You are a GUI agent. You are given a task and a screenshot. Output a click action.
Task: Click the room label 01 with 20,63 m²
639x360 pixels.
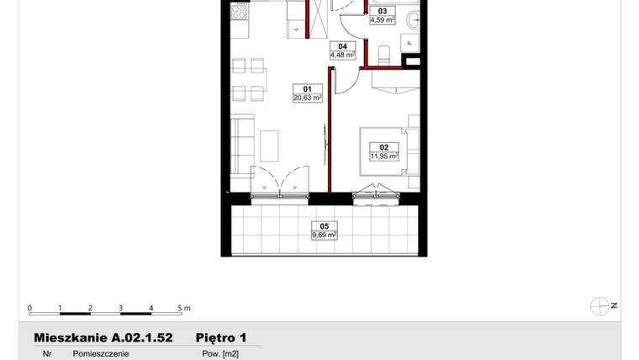point(308,93)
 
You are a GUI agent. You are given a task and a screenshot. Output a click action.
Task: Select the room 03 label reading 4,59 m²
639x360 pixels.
point(383,16)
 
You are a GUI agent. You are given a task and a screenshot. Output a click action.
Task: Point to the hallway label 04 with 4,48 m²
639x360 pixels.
point(342,51)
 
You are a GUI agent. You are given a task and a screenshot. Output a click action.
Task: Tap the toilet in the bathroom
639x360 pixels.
point(385,55)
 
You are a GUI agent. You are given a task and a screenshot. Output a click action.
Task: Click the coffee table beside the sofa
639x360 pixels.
point(270,146)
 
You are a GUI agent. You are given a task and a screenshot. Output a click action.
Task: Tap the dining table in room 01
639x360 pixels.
point(250,79)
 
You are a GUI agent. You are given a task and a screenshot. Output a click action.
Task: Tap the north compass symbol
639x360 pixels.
point(600,305)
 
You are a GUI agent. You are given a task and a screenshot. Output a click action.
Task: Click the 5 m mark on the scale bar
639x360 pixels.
point(180,308)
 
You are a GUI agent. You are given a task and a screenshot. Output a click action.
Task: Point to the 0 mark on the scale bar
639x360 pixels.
point(29,308)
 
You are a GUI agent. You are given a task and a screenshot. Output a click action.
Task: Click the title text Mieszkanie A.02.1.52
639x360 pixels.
point(103,337)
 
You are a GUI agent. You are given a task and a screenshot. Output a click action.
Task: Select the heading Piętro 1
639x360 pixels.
point(220,337)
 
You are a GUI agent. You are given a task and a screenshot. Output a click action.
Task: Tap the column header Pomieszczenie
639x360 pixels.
point(101,354)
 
